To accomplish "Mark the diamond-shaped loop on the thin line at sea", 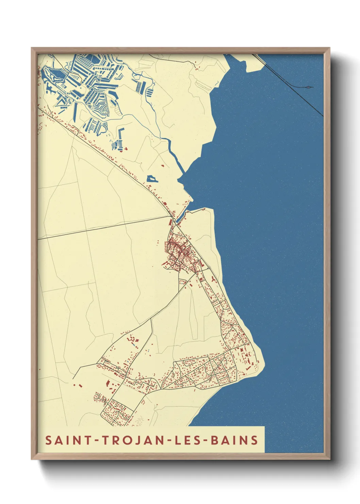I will [x=309, y=87].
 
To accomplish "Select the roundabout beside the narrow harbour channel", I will [x=174, y=221].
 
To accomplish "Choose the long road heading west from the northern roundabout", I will [x=102, y=228].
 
